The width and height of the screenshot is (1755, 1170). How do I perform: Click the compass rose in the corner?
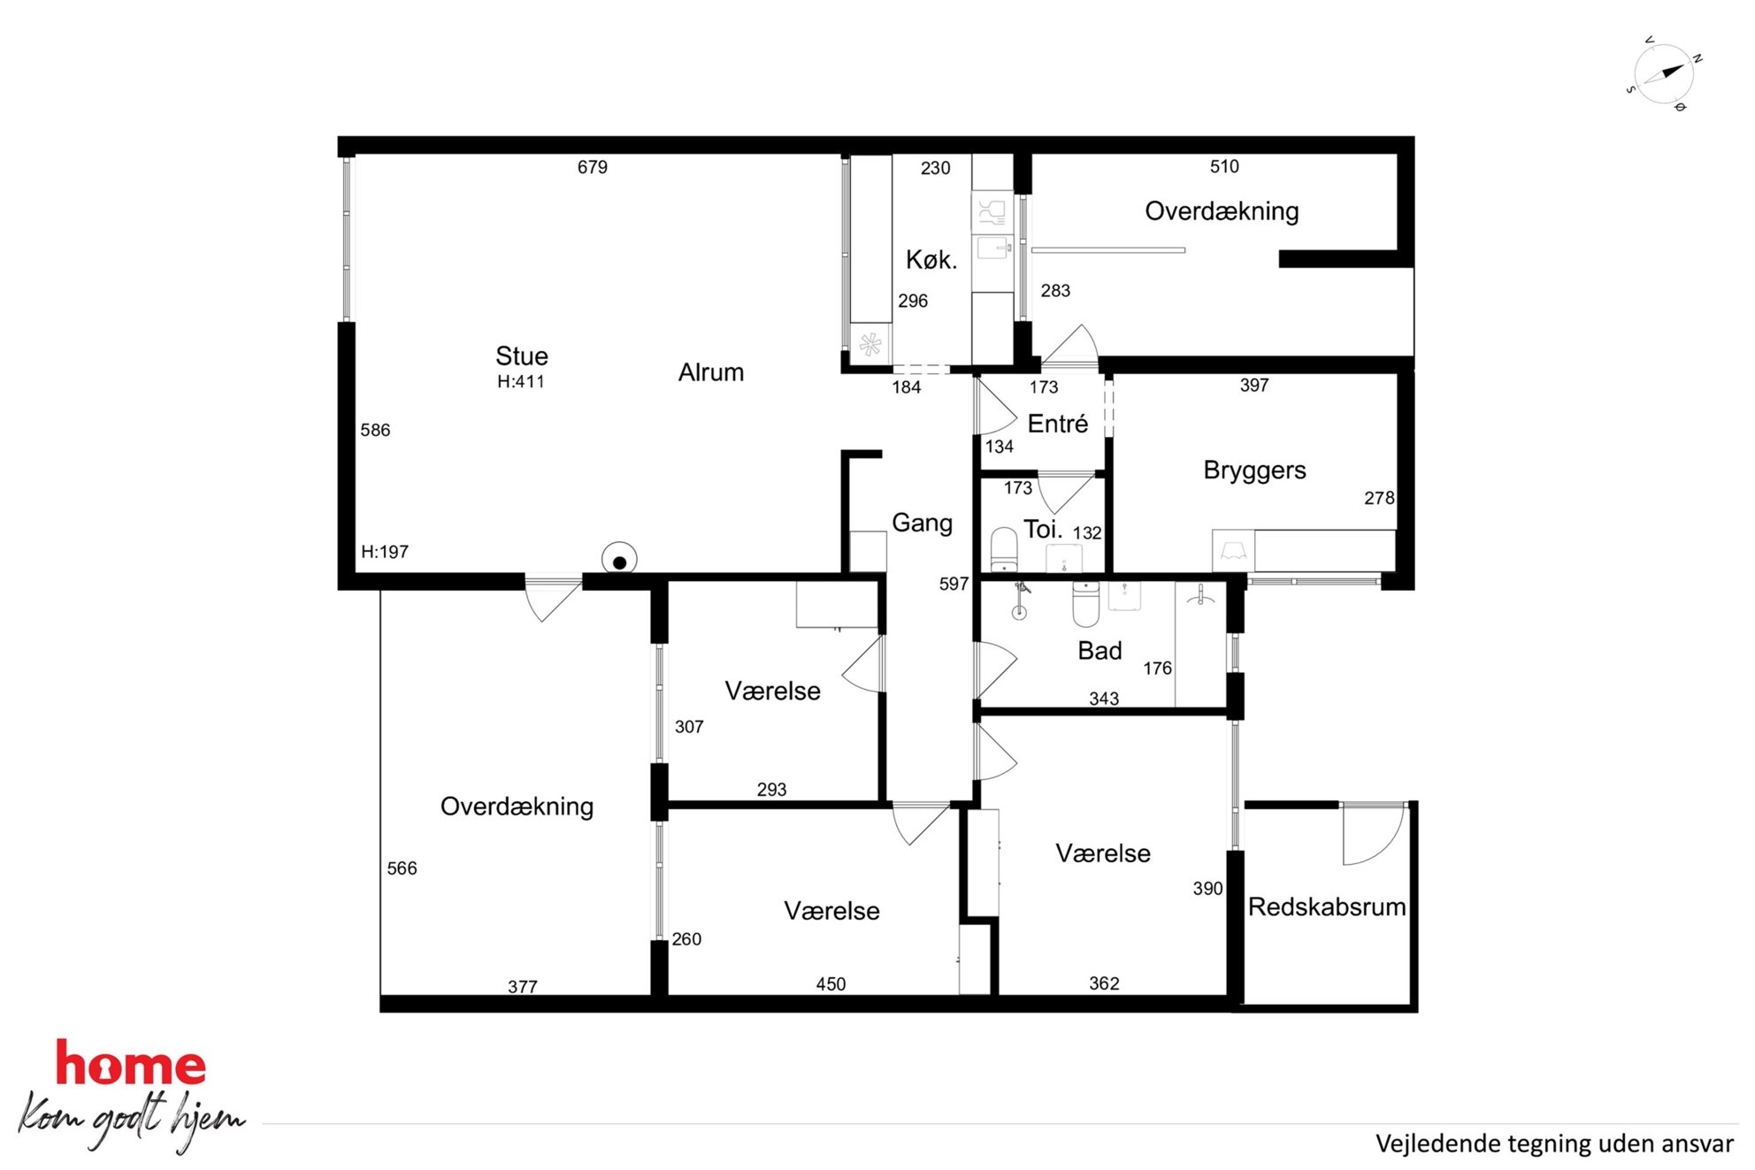1663,74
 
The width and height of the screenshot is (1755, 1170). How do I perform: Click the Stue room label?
522,356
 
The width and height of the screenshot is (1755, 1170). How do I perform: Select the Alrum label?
711,372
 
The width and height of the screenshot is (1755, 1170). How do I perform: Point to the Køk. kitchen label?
931,259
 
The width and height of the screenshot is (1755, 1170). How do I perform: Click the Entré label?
1058,424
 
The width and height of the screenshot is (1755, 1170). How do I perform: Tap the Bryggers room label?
1254,470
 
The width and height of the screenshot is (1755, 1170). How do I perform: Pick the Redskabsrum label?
1327,906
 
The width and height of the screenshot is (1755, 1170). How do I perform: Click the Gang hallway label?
922,523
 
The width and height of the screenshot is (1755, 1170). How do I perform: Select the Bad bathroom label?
1100,651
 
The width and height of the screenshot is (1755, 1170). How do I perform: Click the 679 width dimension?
593,167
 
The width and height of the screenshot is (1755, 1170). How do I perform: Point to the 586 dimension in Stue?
375,430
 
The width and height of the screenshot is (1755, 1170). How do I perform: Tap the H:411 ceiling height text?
521,382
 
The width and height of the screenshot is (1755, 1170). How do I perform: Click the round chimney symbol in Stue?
619,560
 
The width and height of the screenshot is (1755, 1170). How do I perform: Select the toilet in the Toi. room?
1004,549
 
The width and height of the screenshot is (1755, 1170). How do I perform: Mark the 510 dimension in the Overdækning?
1224,166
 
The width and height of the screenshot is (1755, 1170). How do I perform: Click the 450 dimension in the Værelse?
831,984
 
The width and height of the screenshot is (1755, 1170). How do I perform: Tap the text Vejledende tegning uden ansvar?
1554,1143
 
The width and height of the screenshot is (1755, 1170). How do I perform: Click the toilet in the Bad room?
1086,603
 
